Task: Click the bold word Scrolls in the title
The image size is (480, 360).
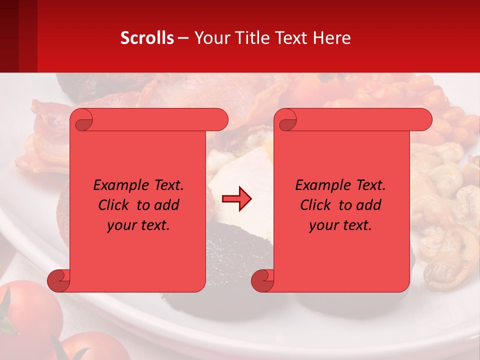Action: pyautogui.click(x=147, y=37)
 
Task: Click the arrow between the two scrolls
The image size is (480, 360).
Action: pyautogui.click(x=236, y=199)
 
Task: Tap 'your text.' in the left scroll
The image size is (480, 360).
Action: pyautogui.click(x=138, y=225)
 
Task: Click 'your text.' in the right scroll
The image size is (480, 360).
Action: pyautogui.click(x=340, y=225)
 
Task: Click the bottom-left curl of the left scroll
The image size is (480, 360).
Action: pyautogui.click(x=59, y=280)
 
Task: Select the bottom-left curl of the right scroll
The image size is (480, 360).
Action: pyautogui.click(x=262, y=280)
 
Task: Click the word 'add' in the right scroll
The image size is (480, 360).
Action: pyautogui.click(x=369, y=205)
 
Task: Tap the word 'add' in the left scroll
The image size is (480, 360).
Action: pyautogui.click(x=167, y=205)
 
